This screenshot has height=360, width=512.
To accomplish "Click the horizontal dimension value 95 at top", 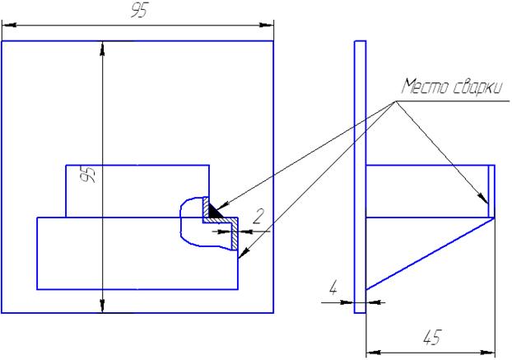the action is (x=139, y=12).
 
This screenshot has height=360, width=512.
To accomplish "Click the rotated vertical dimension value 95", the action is (x=88, y=175).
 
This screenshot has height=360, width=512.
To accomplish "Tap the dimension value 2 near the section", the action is (x=258, y=217).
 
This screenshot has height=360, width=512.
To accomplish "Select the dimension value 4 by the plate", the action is (x=333, y=288).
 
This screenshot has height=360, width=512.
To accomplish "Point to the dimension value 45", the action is (x=432, y=338).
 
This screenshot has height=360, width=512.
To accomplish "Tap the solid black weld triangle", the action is (x=214, y=211).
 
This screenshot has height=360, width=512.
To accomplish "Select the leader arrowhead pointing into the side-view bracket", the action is (x=482, y=198).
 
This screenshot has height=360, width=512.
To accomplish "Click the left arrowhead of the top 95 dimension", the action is (x=9, y=25).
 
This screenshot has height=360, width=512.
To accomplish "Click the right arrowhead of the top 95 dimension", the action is (x=267, y=25).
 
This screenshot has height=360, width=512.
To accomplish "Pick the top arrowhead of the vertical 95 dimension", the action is (x=103, y=49).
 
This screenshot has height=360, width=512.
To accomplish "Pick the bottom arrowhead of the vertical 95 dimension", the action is (x=103, y=306).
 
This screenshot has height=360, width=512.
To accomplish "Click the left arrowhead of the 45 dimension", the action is (x=374, y=353).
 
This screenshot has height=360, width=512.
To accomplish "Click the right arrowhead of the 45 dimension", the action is (x=488, y=353).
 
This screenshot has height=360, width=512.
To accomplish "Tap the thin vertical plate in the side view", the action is (x=361, y=177).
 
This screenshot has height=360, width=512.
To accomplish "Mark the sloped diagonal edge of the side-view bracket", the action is (x=431, y=254).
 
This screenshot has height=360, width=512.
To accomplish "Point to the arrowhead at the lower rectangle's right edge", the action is (x=244, y=253).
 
